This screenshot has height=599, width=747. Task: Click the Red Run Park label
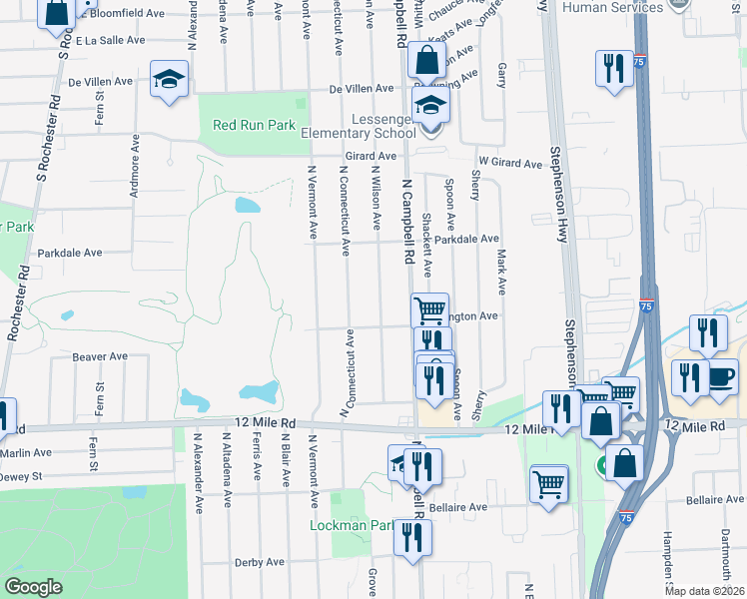[255, 126]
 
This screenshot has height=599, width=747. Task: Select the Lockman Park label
[352, 525]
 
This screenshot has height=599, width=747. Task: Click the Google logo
[33, 587]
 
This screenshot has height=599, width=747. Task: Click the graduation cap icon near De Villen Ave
[170, 78]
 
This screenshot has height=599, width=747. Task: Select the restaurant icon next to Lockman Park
[411, 537]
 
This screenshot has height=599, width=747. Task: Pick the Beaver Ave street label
[99, 356]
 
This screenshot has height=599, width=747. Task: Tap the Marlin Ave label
[25, 452]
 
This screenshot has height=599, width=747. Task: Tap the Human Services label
[611, 8]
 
